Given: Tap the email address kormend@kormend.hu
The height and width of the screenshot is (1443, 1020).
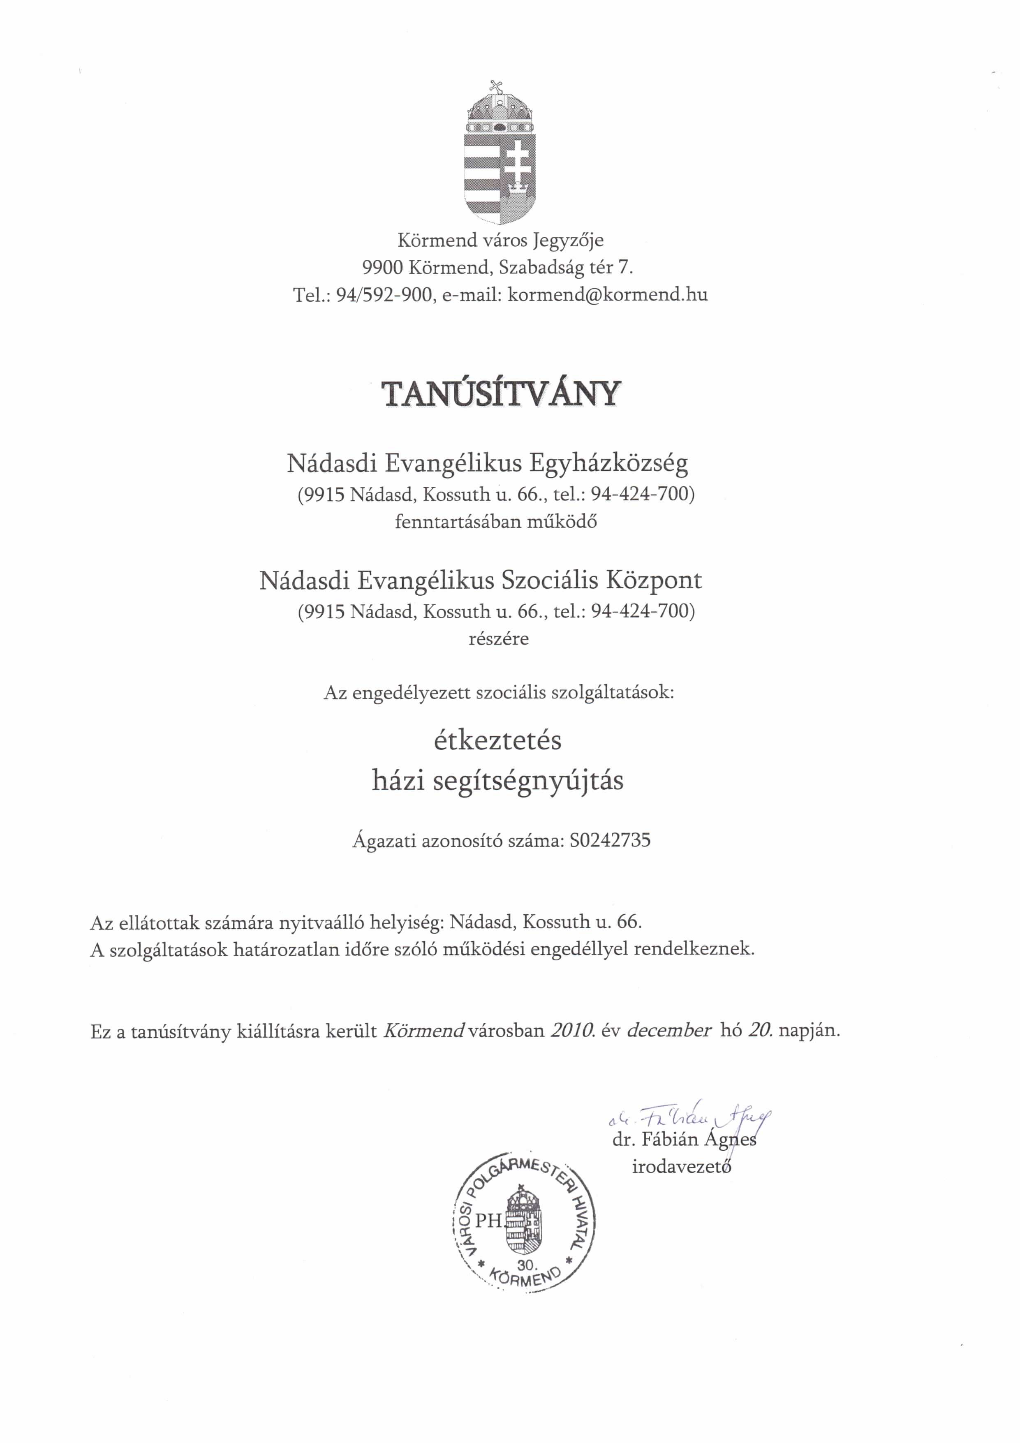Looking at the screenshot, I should [x=607, y=295].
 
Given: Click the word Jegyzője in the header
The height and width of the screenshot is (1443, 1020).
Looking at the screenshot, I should [x=568, y=240].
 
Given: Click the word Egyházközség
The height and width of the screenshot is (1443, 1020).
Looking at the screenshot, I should [x=608, y=463].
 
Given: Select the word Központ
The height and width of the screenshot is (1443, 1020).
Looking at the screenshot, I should [x=654, y=580].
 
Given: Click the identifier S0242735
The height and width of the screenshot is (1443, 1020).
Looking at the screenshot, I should [x=610, y=840].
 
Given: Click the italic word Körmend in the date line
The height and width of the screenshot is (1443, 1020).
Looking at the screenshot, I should [x=423, y=1031].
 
